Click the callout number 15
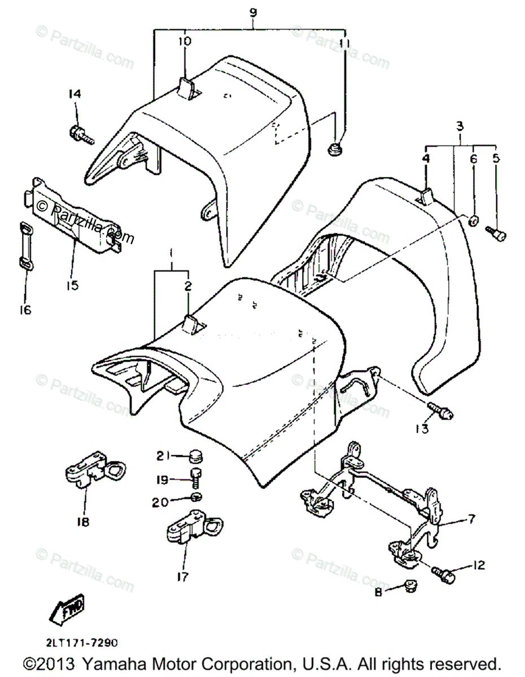point(72,285)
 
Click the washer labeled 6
point(474,219)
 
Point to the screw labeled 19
point(195,477)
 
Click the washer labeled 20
point(195,496)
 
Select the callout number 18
point(83,522)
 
